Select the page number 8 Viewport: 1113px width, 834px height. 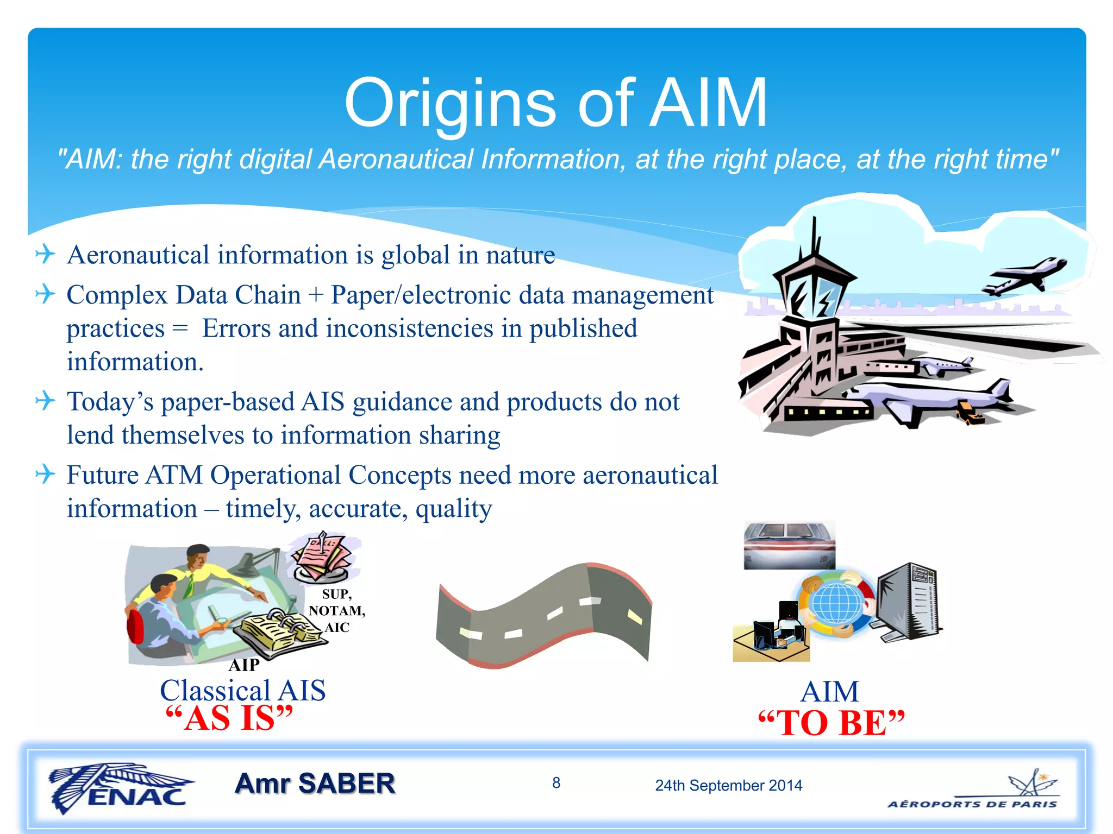pos(556,782)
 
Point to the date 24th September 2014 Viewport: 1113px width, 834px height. pos(728,785)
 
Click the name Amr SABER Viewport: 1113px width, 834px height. pos(315,784)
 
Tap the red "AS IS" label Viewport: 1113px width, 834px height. pos(229,718)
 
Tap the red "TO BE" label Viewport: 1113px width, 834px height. pos(831,723)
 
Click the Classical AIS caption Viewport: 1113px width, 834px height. pos(242,690)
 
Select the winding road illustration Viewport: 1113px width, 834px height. pos(543,616)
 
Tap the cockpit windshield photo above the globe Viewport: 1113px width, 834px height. pos(789,545)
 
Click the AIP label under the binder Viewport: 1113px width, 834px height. pos(244,665)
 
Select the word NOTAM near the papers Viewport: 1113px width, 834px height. pos(336,611)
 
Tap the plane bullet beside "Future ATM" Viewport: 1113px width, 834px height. pos(45,474)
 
